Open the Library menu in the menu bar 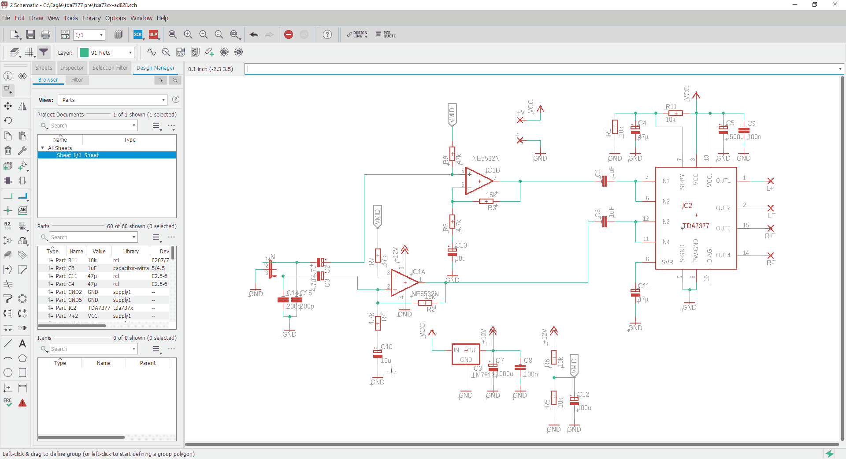[91, 18]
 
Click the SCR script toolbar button [138, 34]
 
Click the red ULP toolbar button [153, 34]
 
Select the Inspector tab [72, 68]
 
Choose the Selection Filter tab [110, 68]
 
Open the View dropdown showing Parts [112, 100]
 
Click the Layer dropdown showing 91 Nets [106, 53]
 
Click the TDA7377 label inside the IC [696, 226]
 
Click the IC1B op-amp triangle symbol [478, 181]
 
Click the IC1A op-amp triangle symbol [404, 282]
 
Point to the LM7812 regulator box [466, 354]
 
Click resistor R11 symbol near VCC [675, 113]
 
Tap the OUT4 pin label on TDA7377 [723, 256]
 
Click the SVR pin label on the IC [667, 262]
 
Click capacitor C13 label [461, 245]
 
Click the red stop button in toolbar [289, 34]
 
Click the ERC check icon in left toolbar [8, 402]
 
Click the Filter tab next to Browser [77, 80]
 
